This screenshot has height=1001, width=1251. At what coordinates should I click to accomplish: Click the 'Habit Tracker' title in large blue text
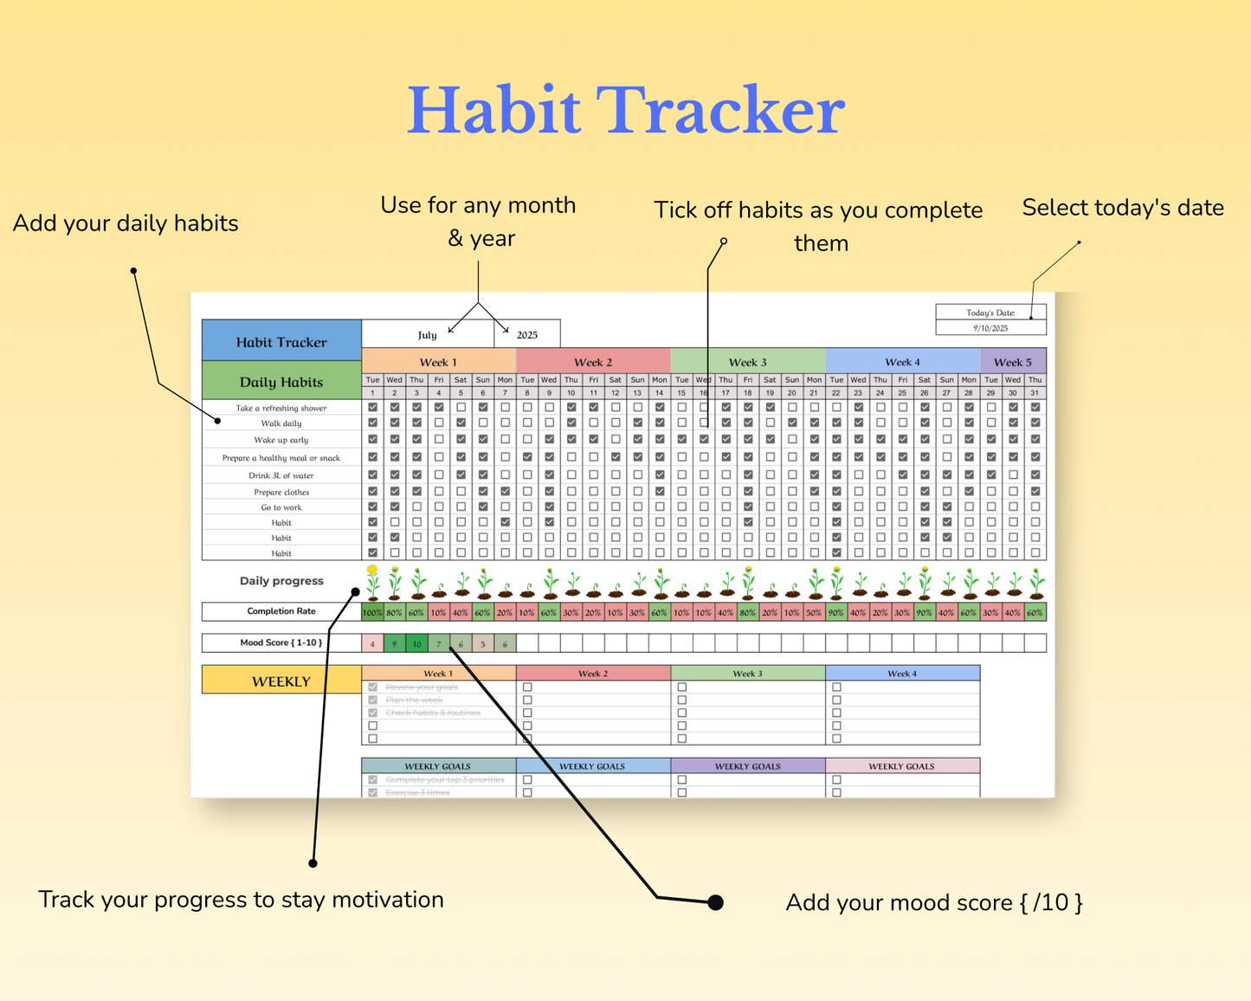tap(625, 111)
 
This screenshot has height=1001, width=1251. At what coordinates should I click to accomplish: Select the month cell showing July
tap(428, 334)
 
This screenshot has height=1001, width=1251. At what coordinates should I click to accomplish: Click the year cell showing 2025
tap(527, 334)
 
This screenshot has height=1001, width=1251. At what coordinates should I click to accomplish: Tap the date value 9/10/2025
tap(990, 328)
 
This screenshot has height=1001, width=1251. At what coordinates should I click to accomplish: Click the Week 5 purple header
tap(1012, 362)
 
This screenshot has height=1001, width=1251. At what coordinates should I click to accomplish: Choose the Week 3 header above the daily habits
tap(747, 362)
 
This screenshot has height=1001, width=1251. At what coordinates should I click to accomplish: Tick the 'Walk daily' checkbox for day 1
tap(373, 423)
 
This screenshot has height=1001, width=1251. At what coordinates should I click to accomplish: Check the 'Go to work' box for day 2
tap(395, 507)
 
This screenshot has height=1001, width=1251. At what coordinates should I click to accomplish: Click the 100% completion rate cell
tap(372, 612)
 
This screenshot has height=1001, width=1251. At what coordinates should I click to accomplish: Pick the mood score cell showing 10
tap(416, 643)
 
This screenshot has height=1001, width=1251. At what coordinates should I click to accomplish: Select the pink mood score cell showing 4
tap(372, 643)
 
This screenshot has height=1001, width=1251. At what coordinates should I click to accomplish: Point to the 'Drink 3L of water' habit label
tap(281, 475)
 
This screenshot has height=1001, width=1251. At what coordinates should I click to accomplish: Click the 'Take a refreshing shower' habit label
tap(281, 408)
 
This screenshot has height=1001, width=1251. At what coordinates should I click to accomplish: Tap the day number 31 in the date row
tap(1035, 392)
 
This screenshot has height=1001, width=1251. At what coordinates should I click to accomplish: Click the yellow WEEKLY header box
tap(281, 681)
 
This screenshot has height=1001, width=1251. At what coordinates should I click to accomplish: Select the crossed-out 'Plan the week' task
tap(414, 700)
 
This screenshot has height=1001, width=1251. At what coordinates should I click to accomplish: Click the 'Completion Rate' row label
tap(281, 611)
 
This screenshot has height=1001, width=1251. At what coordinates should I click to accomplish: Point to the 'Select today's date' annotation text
tap(1123, 208)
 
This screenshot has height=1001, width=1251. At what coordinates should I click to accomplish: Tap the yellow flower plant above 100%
tap(372, 582)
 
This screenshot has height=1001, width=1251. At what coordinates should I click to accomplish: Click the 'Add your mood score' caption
tap(934, 902)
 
